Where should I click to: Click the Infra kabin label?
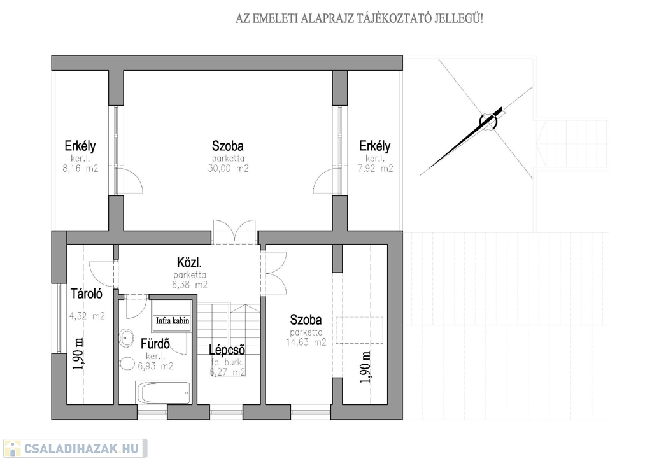pos(173,321)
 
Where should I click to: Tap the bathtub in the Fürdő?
pos(163,392)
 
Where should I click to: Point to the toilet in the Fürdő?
pos(127,364)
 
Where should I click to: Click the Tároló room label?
pos(87,294)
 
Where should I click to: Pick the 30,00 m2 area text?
pos(229,168)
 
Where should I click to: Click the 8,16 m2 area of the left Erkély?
pos(80,168)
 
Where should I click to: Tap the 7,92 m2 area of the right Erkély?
pos(375,168)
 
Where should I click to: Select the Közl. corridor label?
pos(190,262)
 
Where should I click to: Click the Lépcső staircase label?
pos(227,350)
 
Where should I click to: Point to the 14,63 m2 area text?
pos(306,342)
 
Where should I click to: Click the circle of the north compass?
pos(488,120)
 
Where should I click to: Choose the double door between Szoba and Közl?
pos(234,231)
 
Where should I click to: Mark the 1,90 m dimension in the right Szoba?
pos(365,367)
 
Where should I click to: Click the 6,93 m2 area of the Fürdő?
pos(155,366)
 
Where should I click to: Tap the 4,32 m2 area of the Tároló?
pos(87,316)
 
